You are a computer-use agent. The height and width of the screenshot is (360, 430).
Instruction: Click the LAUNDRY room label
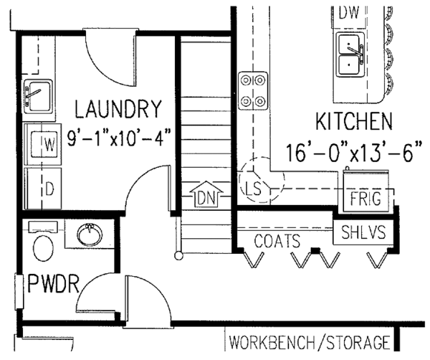click(118, 110)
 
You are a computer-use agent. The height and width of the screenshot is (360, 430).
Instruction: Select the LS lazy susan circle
click(252, 188)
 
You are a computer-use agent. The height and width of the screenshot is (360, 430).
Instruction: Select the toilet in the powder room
click(44, 245)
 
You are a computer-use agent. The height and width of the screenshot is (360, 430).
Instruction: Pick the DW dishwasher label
click(349, 12)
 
